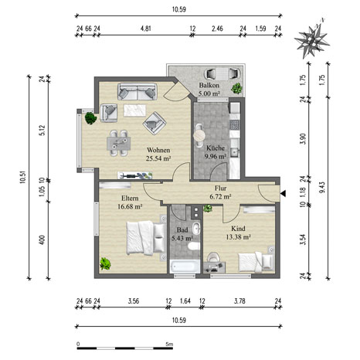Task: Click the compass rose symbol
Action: coord(312,40)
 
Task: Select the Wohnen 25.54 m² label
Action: coord(158,154)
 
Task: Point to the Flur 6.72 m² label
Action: coord(220,192)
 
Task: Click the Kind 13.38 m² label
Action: coord(238,233)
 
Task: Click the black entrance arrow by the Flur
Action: coord(284,194)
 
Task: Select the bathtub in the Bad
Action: coord(185,266)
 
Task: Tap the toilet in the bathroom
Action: coord(194,246)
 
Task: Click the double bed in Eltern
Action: coord(146,238)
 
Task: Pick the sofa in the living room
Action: coord(138,91)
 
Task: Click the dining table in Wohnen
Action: coord(119,144)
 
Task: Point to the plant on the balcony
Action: coord(236,88)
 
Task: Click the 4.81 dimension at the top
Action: coord(146,29)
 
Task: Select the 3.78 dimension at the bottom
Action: coord(239,301)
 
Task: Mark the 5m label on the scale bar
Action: coord(169,344)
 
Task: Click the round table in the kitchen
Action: coord(199,135)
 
